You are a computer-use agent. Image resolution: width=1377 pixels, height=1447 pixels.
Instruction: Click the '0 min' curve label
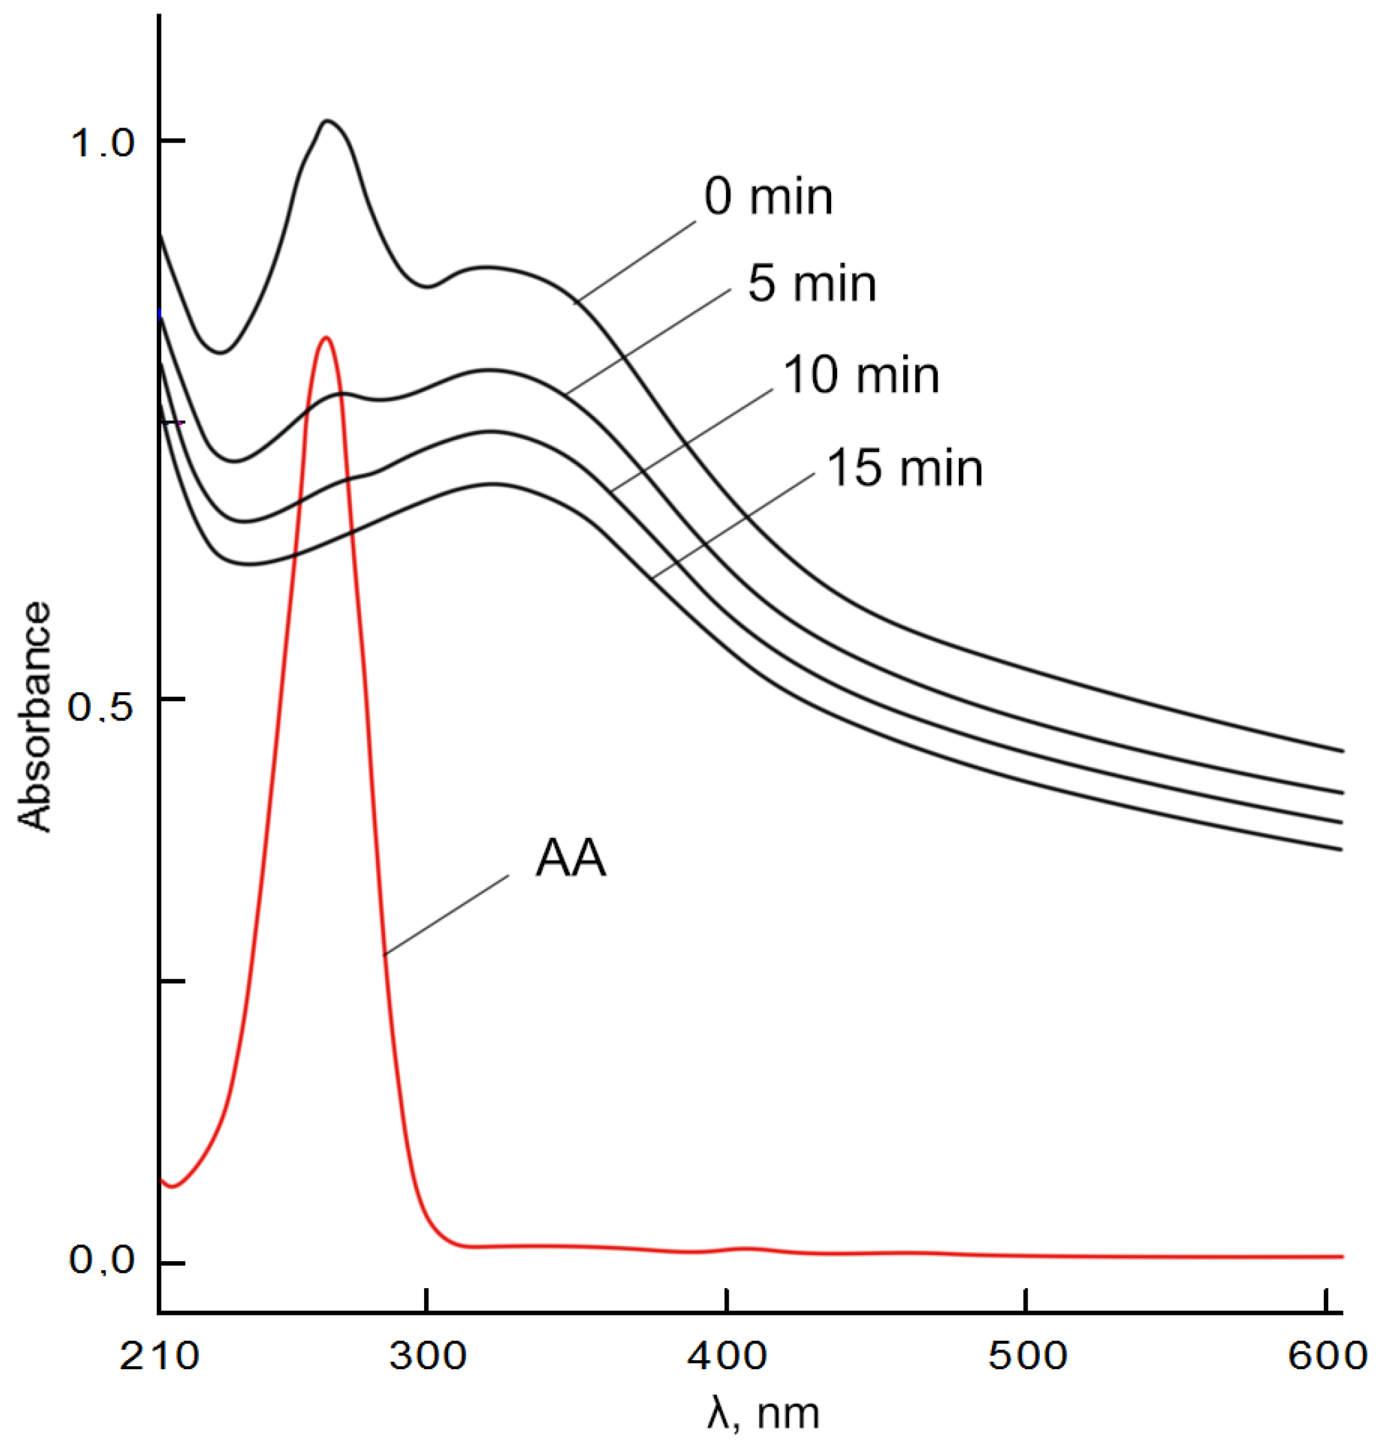(768, 198)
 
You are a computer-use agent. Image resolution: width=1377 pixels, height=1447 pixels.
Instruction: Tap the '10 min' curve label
(861, 376)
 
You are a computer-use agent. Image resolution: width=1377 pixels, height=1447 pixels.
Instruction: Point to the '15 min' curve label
(904, 469)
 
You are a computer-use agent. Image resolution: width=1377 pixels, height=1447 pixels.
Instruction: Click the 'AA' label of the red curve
(571, 858)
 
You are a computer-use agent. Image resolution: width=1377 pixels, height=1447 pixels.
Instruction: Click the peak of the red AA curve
(326, 338)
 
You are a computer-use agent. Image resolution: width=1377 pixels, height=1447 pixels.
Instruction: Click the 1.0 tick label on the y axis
(103, 143)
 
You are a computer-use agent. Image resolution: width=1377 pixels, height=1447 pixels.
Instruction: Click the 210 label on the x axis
(159, 1356)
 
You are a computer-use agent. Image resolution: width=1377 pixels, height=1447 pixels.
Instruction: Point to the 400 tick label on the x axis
(727, 1356)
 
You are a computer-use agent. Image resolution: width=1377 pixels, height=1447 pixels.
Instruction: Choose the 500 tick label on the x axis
(1026, 1356)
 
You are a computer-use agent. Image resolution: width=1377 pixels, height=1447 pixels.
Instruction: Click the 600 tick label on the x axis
(1326, 1356)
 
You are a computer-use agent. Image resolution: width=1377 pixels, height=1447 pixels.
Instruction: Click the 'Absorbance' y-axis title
(35, 716)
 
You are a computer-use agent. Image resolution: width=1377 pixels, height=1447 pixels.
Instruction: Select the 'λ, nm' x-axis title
(763, 1414)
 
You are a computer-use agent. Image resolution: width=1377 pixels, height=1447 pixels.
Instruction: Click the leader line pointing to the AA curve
(446, 914)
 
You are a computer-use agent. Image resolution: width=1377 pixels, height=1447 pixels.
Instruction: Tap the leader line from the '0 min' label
(634, 261)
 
